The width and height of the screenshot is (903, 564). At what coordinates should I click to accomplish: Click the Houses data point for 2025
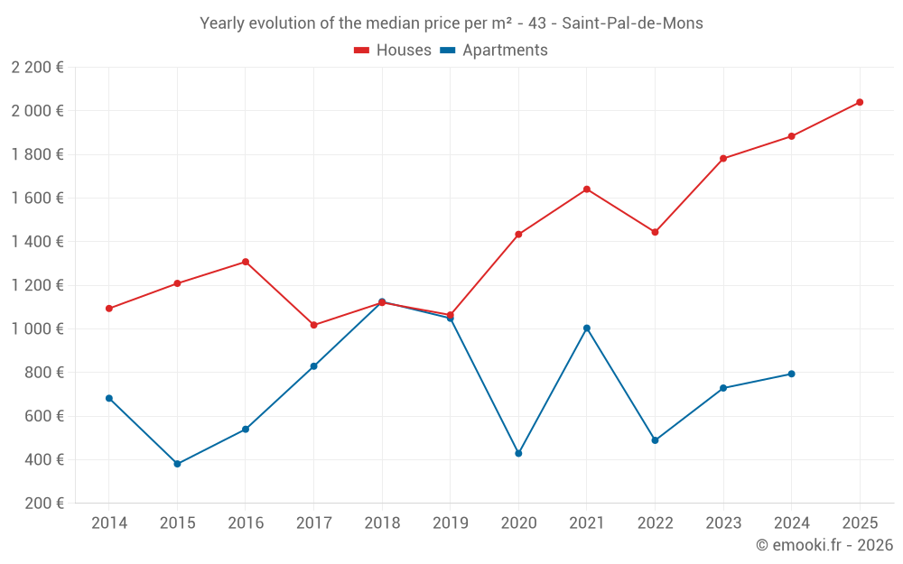click(x=860, y=102)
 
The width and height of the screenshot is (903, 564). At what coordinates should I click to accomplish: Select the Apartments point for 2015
click(x=177, y=464)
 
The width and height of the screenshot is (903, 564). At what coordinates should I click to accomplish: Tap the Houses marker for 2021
click(x=587, y=190)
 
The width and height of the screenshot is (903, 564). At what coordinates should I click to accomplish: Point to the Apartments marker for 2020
click(x=518, y=453)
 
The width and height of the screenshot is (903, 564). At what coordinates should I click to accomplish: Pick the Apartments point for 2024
click(x=791, y=374)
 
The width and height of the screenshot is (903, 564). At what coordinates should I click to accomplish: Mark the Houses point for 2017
click(x=313, y=325)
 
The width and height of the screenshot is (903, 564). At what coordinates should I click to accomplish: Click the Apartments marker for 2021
click(x=587, y=328)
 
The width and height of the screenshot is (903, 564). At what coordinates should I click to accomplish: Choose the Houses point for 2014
click(x=109, y=309)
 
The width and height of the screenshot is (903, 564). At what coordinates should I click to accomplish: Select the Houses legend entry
click(x=393, y=51)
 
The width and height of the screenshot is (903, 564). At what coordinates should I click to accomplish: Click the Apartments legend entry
click(x=494, y=51)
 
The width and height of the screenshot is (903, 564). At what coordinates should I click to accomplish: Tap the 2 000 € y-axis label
click(x=37, y=111)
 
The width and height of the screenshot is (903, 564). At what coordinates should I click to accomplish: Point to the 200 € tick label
click(x=43, y=504)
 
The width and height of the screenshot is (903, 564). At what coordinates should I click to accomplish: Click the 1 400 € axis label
click(x=37, y=242)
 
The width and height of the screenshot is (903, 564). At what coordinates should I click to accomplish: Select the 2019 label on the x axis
click(x=450, y=523)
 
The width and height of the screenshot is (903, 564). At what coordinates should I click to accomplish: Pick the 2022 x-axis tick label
click(x=655, y=523)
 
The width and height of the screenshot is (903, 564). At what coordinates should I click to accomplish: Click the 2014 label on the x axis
click(x=109, y=523)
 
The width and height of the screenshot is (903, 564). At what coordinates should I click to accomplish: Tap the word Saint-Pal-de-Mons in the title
click(x=632, y=23)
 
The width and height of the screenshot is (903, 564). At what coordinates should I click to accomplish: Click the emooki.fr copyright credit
click(x=824, y=545)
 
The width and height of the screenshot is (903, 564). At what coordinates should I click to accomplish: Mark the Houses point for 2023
click(x=723, y=159)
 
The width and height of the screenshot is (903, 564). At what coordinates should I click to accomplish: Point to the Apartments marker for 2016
click(x=246, y=430)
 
